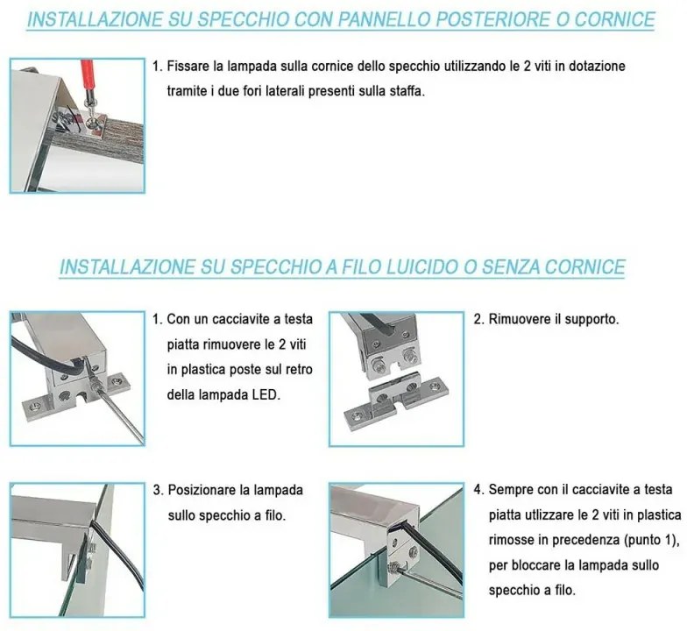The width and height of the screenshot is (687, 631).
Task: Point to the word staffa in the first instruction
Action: [404, 91]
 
